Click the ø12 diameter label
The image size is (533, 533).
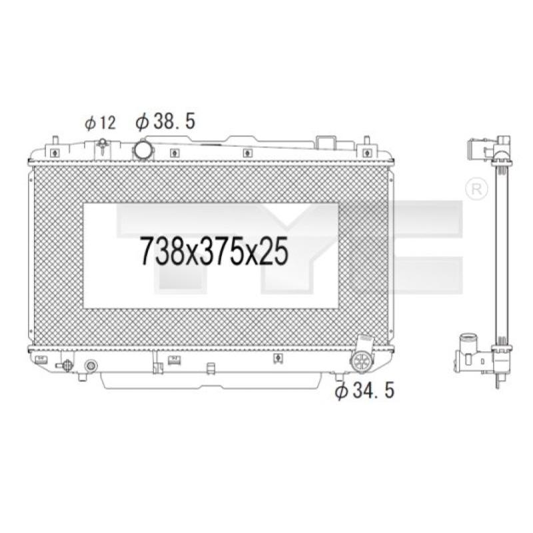tap(101, 123)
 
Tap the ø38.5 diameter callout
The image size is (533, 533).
tap(165, 121)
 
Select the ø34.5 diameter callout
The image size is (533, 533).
tap(364, 390)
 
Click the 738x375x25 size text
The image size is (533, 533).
tap(215, 251)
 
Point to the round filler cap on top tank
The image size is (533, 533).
tap(144, 150)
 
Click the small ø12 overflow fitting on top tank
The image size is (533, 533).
tap(102, 145)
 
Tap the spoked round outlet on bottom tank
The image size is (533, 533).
tap(362, 362)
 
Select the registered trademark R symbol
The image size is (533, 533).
tap(476, 189)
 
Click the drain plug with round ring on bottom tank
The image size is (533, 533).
tap(91, 366)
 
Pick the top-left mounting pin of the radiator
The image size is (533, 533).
tap(55, 141)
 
